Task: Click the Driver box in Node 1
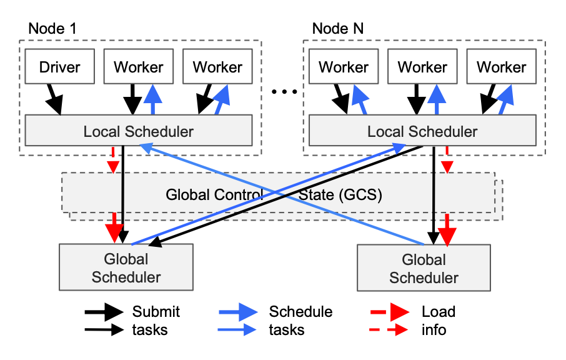pyautogui.click(x=60, y=67)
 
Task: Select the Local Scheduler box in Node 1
pyautogui.click(x=138, y=132)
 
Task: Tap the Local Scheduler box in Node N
pyautogui.click(x=422, y=132)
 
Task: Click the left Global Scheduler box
pyautogui.click(x=126, y=267)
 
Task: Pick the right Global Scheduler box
pyautogui.click(x=424, y=268)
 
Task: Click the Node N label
pyautogui.click(x=337, y=29)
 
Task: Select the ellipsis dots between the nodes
pyautogui.click(x=284, y=92)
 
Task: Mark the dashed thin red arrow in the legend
pyautogui.click(x=390, y=329)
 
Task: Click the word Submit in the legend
pyautogui.click(x=156, y=311)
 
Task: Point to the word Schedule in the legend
pyautogui.click(x=300, y=311)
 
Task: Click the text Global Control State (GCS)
pyautogui.click(x=274, y=194)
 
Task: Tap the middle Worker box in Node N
pyautogui.click(x=422, y=67)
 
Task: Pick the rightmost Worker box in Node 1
pyautogui.click(x=217, y=67)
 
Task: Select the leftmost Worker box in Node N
pyautogui.click(x=344, y=67)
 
